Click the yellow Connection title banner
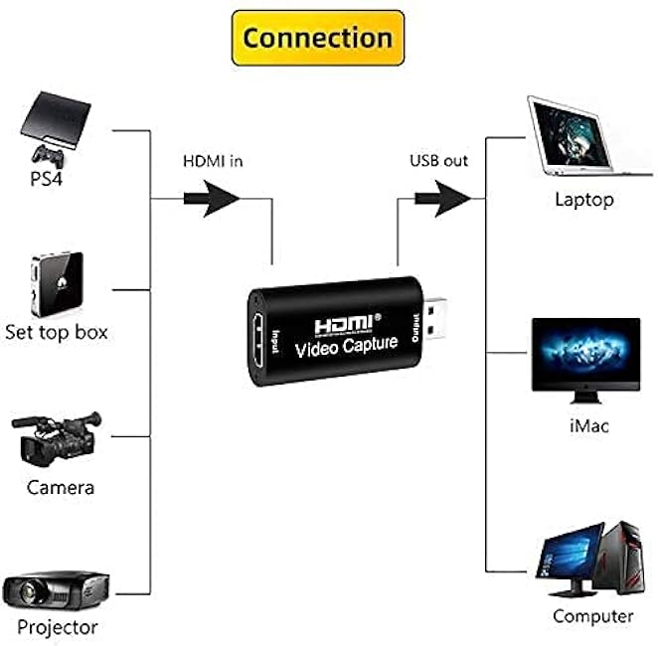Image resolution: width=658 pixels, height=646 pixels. click(x=318, y=38)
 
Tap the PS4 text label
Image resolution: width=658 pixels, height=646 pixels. click(x=46, y=179)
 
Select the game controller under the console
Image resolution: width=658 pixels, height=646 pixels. click(x=48, y=156)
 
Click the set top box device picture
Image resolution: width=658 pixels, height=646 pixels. click(x=57, y=284)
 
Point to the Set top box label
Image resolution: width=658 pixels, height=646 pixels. click(x=57, y=333)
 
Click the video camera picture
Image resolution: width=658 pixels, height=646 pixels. click(x=57, y=438)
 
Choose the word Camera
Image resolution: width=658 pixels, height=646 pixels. click(x=61, y=488)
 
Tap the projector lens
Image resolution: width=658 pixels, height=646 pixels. click(x=28, y=591)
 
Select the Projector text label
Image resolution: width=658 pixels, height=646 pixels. click(x=58, y=628)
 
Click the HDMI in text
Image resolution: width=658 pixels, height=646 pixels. click(x=213, y=161)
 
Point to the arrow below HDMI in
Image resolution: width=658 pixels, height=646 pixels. click(x=212, y=199)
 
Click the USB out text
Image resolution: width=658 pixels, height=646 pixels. click(x=438, y=161)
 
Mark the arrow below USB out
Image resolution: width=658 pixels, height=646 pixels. click(x=443, y=199)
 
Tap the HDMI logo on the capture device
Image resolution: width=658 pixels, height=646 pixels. click(x=345, y=324)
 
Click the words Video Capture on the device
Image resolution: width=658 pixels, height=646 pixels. click(x=346, y=347)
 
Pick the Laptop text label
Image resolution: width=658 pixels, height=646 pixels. click(x=584, y=200)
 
